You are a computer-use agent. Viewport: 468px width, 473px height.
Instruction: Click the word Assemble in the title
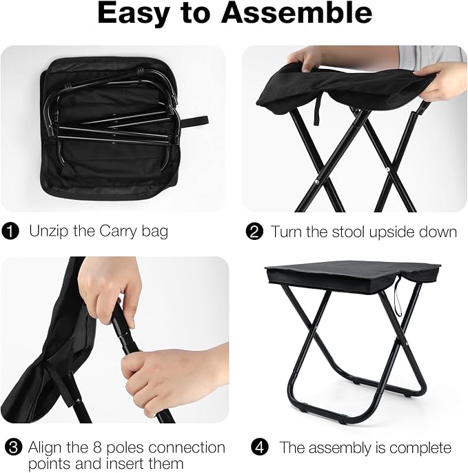296,13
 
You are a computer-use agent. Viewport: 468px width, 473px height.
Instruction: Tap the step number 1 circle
10,232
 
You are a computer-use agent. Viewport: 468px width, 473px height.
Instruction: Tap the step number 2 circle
254,232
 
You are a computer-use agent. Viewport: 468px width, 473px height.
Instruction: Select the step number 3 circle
14,447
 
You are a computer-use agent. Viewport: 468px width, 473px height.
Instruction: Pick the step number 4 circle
260,447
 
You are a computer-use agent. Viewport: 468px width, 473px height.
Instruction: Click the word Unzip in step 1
49,232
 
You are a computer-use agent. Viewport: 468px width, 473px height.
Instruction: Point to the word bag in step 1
154,232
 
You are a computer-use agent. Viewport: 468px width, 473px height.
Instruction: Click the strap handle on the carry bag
194,121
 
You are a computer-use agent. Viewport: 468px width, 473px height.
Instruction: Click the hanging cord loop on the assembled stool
398,297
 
